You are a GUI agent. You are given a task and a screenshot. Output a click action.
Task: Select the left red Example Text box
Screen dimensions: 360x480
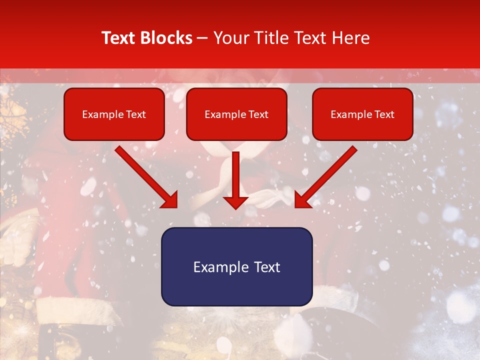pyautogui.click(x=114, y=114)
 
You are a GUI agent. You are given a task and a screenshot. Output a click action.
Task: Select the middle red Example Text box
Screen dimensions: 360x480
pyautogui.click(x=236, y=114)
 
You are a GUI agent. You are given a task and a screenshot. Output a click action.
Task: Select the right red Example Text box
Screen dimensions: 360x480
pyautogui.click(x=362, y=114)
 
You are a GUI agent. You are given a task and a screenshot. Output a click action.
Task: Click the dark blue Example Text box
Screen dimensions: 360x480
pyautogui.click(x=236, y=267)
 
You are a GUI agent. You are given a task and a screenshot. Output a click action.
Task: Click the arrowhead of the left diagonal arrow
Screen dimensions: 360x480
pyautogui.click(x=170, y=199)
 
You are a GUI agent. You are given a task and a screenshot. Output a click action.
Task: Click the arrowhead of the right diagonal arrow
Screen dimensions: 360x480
pyautogui.click(x=302, y=199)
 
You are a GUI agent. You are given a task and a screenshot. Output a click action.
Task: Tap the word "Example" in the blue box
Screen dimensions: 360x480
pyautogui.click(x=220, y=267)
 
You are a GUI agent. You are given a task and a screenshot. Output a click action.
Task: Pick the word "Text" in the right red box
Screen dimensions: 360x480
pyautogui.click(x=384, y=114)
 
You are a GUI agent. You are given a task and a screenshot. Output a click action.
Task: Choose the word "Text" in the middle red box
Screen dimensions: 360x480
pyautogui.click(x=258, y=114)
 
